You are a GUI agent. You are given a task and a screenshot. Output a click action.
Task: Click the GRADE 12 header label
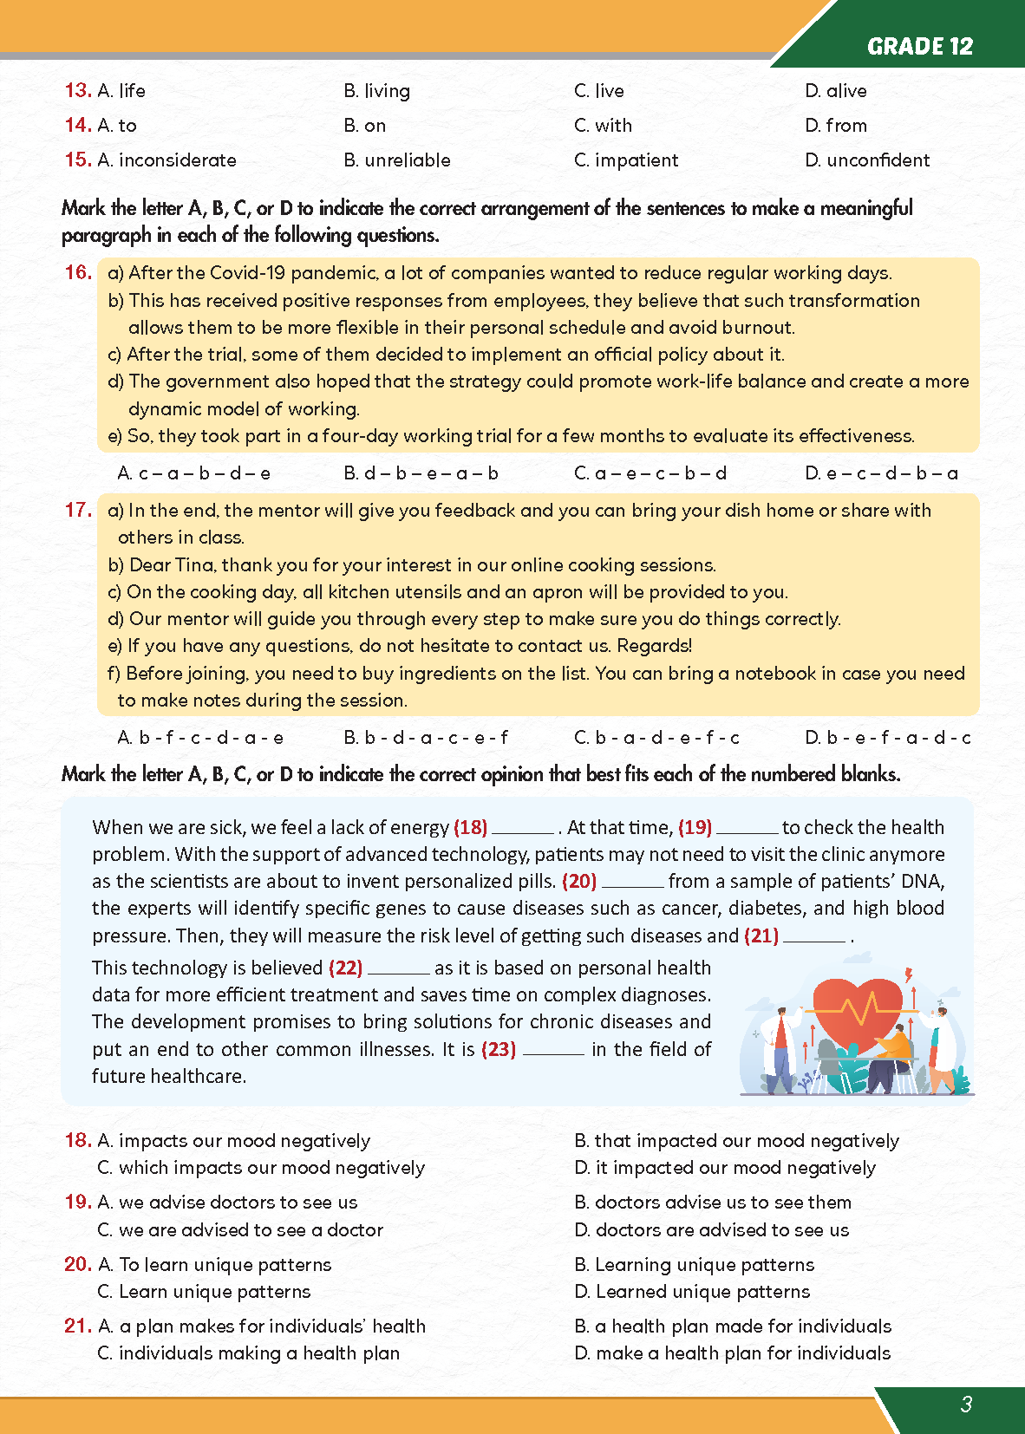(919, 46)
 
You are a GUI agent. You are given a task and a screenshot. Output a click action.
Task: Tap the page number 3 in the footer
(966, 1404)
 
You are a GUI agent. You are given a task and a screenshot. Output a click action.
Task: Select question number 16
(78, 272)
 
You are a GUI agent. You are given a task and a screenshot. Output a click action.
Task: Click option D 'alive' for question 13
(835, 91)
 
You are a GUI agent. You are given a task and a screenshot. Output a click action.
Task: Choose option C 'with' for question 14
(603, 126)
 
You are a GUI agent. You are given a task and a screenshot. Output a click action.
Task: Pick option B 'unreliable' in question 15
(397, 160)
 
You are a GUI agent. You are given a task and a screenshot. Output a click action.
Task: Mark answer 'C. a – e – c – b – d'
(650, 473)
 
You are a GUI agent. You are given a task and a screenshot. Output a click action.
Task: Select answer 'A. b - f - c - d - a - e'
(200, 738)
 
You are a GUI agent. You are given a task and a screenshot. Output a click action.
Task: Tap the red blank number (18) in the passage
(470, 827)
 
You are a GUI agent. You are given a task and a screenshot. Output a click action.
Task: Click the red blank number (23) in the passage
(499, 1049)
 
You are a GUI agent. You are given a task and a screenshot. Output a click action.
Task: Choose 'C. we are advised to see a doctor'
(240, 1229)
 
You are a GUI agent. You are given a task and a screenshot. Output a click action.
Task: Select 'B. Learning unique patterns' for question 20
(694, 1265)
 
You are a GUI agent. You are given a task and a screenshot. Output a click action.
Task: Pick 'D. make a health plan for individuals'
(732, 1353)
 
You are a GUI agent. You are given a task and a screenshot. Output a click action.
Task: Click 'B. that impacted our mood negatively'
(736, 1141)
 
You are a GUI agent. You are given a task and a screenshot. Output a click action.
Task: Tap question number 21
(77, 1326)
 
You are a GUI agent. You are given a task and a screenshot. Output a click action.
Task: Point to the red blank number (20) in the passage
(579, 882)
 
